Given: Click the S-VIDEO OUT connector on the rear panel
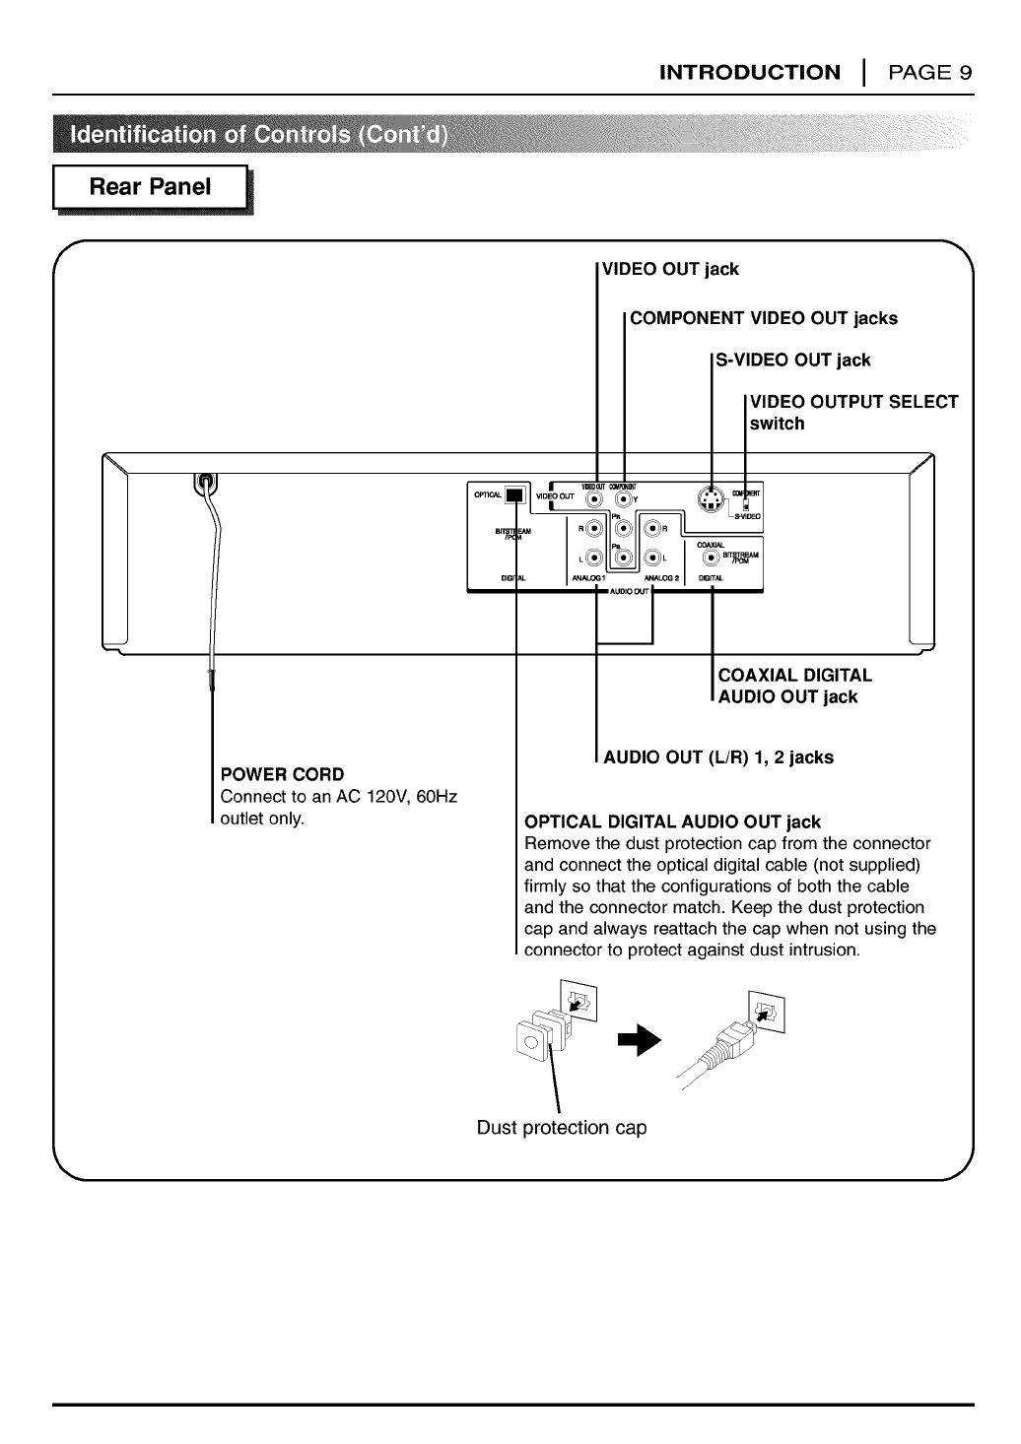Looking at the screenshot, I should (709, 501).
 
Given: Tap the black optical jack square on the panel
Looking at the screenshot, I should (512, 496).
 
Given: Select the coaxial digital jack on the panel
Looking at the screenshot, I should (712, 557).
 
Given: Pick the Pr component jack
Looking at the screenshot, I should (621, 529).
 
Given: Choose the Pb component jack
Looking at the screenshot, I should (621, 558).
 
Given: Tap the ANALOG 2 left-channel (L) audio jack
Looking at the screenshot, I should (652, 558).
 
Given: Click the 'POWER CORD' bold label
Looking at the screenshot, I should (282, 774).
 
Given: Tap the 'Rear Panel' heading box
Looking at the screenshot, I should (151, 188).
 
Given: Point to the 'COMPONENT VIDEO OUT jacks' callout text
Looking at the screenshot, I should (764, 318).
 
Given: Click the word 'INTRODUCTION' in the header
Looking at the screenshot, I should (750, 73).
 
